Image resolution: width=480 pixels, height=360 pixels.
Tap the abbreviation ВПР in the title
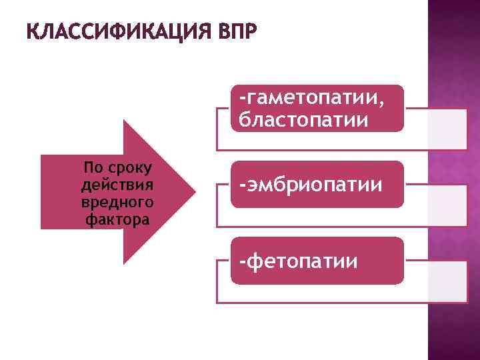pos(236,31)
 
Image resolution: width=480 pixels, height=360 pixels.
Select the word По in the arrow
pos(93,167)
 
